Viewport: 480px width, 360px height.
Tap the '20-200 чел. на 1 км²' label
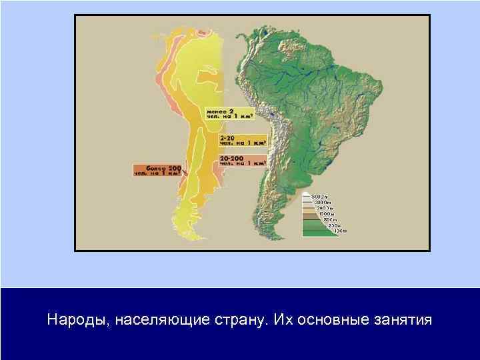click(242, 160)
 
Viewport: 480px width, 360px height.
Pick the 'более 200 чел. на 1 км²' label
click(157, 170)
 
